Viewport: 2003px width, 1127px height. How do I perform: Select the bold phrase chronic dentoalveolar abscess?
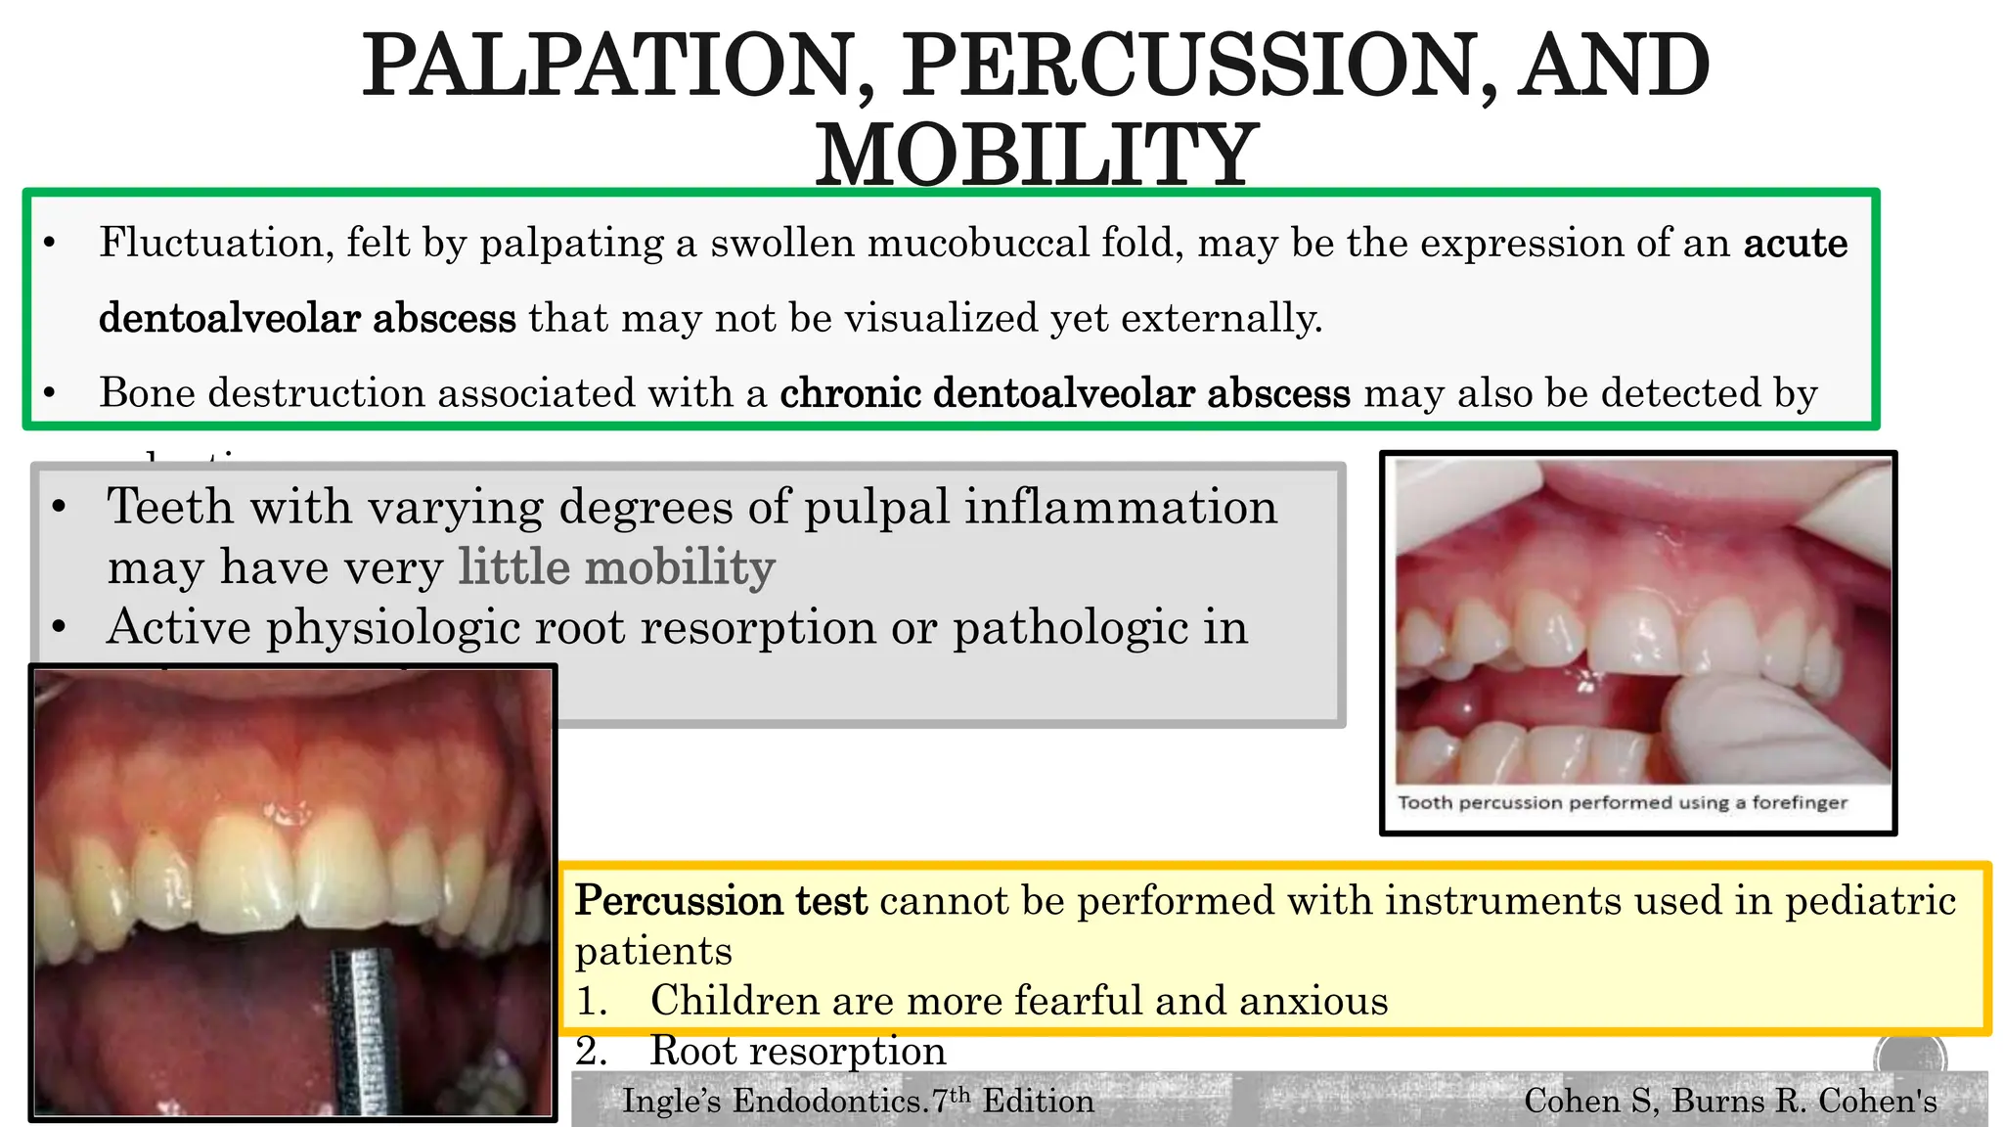click(x=1064, y=393)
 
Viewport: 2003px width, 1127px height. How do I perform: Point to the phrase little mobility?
click(x=616, y=567)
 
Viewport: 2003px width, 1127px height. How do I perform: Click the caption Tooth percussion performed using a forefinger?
click(x=1622, y=803)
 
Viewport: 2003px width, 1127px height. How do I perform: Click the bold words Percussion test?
click(x=720, y=900)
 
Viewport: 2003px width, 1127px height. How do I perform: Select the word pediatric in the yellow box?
click(x=1870, y=900)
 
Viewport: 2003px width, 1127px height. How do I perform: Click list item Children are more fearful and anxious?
click(x=1017, y=1001)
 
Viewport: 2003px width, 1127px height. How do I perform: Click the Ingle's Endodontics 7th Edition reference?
click(x=857, y=1102)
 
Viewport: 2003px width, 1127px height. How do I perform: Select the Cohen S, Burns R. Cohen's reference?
click(x=1729, y=1102)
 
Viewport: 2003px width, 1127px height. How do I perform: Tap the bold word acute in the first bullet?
click(x=1795, y=243)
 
